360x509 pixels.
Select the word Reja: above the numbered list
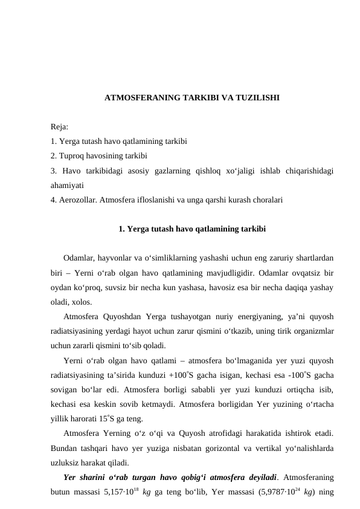[60, 127]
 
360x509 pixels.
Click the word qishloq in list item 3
[211, 170]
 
